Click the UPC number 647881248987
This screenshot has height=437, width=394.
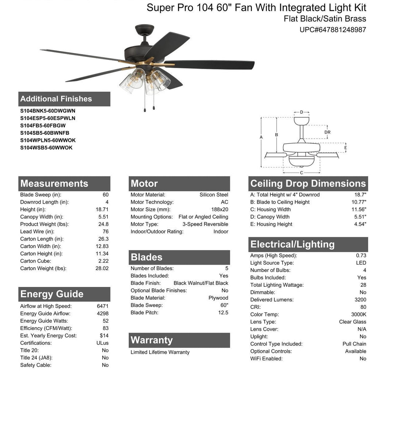pos(333,30)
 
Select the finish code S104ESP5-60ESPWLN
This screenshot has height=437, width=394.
pos(48,118)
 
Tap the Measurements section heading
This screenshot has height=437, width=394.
pos(54,184)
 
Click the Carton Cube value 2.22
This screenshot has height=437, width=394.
pos(103,261)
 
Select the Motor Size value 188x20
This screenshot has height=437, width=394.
pos(220,210)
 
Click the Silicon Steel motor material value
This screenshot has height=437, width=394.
pos(214,195)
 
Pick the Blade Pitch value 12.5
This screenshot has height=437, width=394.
pos(223,313)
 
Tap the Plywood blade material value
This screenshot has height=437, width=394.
pos(218,298)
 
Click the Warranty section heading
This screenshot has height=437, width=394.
pos(151,340)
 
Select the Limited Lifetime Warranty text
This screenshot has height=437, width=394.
pos(160,352)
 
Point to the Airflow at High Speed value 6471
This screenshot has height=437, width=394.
pos(103,306)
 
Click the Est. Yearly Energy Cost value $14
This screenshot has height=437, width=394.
pos(104,336)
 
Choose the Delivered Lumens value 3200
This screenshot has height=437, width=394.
pos(360,300)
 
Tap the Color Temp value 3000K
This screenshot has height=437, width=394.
pos(359,314)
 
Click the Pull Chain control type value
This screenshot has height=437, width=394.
pos(354,344)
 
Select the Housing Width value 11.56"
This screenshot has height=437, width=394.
pos(359,210)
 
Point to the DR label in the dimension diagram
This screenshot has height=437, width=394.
pos(327,133)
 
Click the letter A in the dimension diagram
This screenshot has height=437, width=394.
pos(261,137)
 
